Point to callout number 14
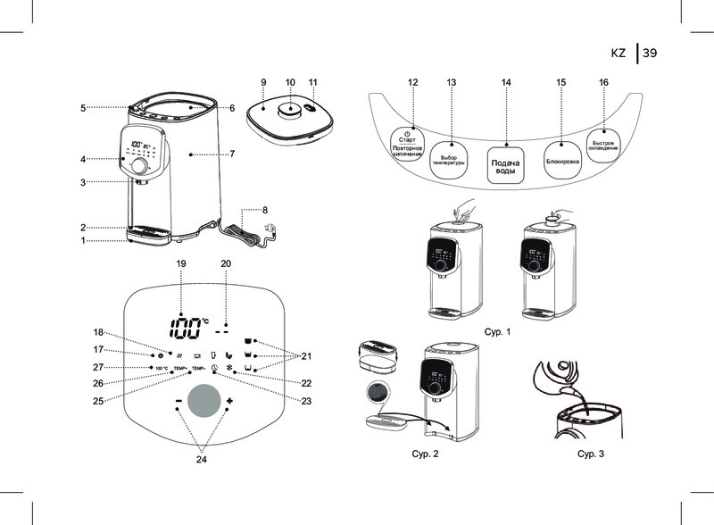point(506,82)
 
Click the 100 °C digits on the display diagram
point(186,327)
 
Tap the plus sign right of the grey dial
point(230,401)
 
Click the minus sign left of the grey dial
point(178,401)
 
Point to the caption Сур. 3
point(591,454)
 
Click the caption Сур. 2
point(423,454)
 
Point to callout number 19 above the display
point(181,263)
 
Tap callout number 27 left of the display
point(99,367)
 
